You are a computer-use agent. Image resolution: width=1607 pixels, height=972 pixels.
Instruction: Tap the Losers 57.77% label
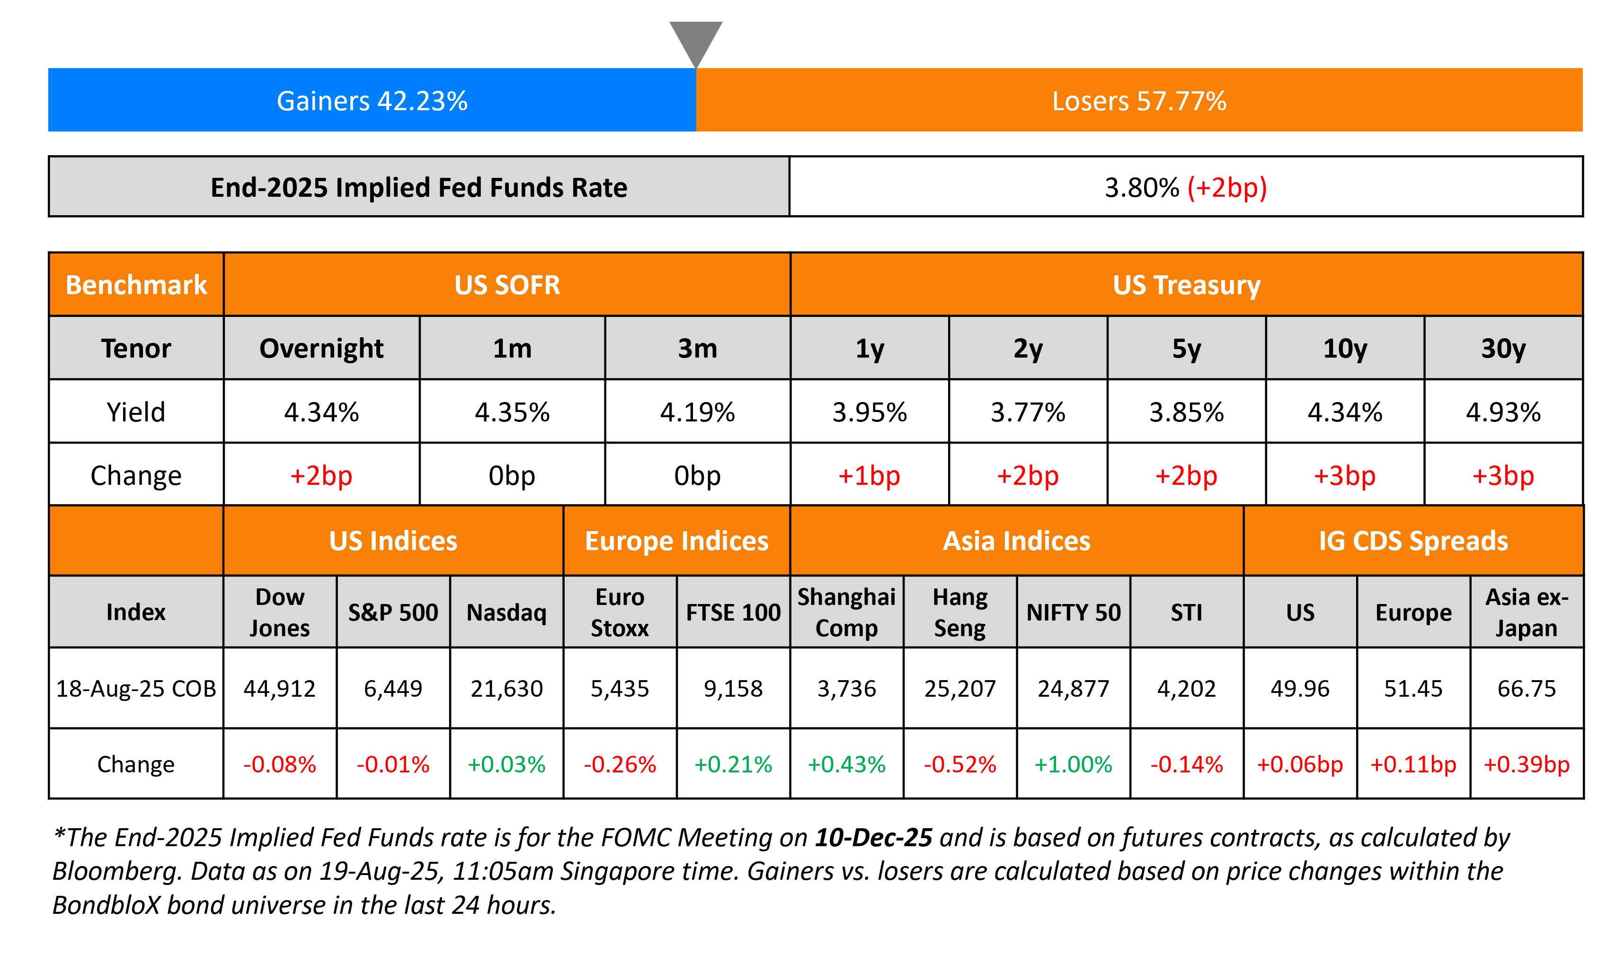point(1139,101)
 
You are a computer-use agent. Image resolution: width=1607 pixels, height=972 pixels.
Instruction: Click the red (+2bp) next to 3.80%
point(1227,188)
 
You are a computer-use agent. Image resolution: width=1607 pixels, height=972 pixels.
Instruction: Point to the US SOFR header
point(507,285)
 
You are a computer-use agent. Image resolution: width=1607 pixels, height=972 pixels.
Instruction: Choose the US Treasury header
point(1186,285)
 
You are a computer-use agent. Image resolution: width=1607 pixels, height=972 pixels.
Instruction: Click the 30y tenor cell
point(1503,349)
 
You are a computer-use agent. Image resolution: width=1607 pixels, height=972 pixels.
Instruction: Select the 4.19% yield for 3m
point(697,412)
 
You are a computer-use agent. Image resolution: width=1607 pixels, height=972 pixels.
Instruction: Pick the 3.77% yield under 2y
point(1028,412)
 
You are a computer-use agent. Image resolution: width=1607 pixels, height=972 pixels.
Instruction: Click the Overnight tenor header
point(321,349)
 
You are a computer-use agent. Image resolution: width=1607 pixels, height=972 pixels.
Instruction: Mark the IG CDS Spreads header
point(1413,541)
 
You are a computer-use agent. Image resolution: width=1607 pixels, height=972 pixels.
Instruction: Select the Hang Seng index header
point(960,612)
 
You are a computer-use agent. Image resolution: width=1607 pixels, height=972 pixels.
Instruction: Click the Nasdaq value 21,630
point(507,688)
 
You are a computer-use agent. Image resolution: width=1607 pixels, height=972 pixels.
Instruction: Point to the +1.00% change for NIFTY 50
point(1074,764)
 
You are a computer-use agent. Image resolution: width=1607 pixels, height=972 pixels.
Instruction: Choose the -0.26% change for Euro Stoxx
point(620,764)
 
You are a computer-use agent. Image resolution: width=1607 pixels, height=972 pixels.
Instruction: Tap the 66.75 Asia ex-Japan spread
point(1527,688)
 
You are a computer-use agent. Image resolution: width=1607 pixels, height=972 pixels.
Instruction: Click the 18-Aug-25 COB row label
point(136,688)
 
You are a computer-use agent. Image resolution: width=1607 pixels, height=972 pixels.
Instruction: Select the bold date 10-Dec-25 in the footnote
point(873,838)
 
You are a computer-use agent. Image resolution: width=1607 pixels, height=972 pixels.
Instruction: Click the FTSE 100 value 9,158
point(733,688)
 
